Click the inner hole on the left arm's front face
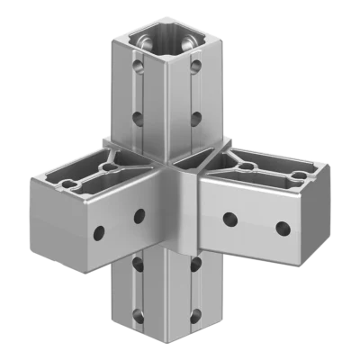pos(139,216)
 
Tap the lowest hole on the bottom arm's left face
pos(139,315)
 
